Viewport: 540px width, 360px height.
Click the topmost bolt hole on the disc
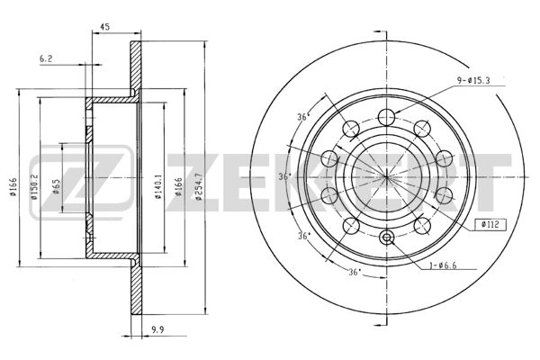pyautogui.click(x=387, y=114)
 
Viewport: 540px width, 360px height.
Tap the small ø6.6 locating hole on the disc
pyautogui.click(x=387, y=238)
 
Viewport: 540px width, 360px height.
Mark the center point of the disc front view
pyautogui.click(x=387, y=175)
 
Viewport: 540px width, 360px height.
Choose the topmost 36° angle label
pyautogui.click(x=302, y=118)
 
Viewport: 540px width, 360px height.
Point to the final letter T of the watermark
pyautogui.click(x=490, y=180)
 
